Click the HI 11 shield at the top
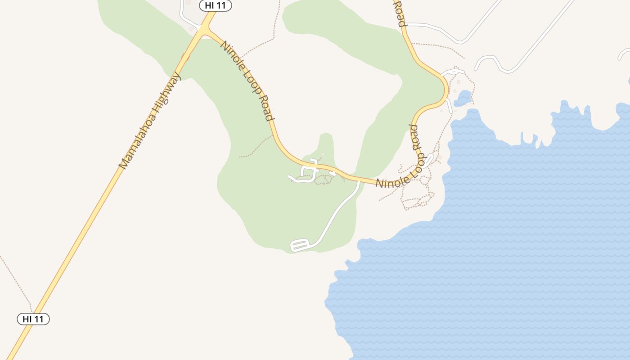216,6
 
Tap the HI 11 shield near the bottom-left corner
33,319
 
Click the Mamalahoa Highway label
150,120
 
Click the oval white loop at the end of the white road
300,245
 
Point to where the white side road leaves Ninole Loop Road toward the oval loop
359,182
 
